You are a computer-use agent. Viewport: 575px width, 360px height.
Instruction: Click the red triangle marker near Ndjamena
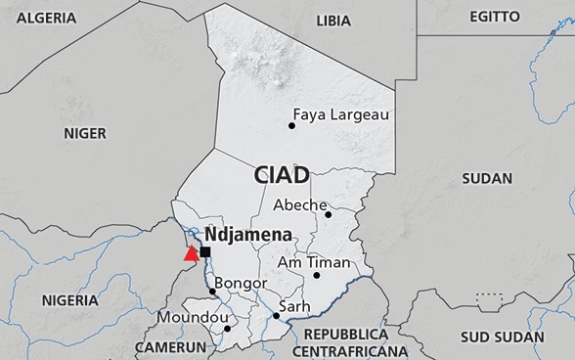pos(191,253)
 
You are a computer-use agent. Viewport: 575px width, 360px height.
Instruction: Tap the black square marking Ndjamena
pos(204,252)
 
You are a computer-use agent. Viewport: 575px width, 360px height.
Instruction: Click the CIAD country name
pos(282,175)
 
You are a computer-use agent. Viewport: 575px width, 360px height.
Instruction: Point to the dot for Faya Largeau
pos(291,125)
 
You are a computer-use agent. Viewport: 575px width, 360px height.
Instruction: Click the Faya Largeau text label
pos(341,114)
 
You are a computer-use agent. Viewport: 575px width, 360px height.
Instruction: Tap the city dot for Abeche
pos(329,214)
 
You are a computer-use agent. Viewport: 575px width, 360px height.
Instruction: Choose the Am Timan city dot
pos(316,275)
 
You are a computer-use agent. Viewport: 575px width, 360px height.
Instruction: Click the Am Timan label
pos(313,262)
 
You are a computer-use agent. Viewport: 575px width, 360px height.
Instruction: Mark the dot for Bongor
pos(212,291)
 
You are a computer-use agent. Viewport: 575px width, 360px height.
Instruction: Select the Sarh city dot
pos(276,316)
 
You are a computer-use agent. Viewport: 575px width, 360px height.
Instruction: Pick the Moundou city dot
pos(228,328)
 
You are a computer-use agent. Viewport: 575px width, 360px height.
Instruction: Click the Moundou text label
pos(193,318)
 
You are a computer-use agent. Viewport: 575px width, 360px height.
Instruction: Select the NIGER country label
pos(85,133)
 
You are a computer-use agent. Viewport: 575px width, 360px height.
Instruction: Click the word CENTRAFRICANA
pos(348,350)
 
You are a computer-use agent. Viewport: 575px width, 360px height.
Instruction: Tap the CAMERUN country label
pos(170,347)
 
